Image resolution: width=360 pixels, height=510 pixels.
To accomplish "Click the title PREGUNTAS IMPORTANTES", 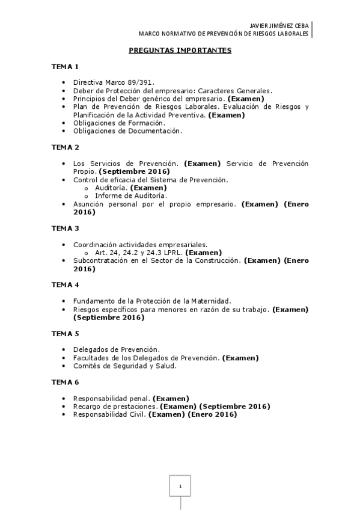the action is tap(180, 51).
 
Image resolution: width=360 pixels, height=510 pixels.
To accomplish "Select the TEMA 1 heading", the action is tap(64, 66).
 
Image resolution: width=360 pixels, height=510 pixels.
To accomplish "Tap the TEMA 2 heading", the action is tap(64, 147).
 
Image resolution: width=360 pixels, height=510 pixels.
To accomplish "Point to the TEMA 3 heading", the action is tap(64, 229).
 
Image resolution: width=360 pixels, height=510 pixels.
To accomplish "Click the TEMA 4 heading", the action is tap(64, 284).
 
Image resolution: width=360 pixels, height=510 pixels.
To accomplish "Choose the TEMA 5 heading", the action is tap(64, 333).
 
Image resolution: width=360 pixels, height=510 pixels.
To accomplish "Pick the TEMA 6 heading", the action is tap(64, 382).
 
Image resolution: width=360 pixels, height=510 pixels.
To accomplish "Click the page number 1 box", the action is tap(180, 485).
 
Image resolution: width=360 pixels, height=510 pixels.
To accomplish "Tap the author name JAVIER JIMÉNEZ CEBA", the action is tap(278, 26).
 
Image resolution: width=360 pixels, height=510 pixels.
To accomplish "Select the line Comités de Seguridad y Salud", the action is tap(124, 366).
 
